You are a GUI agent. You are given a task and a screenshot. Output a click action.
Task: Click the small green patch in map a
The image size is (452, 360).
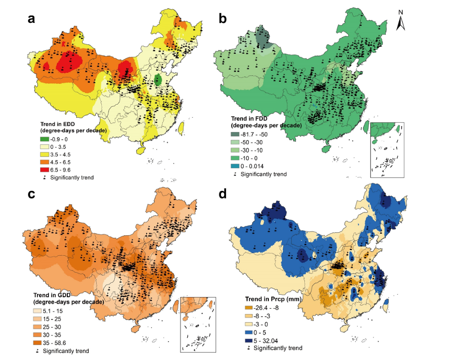pos(158,79)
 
